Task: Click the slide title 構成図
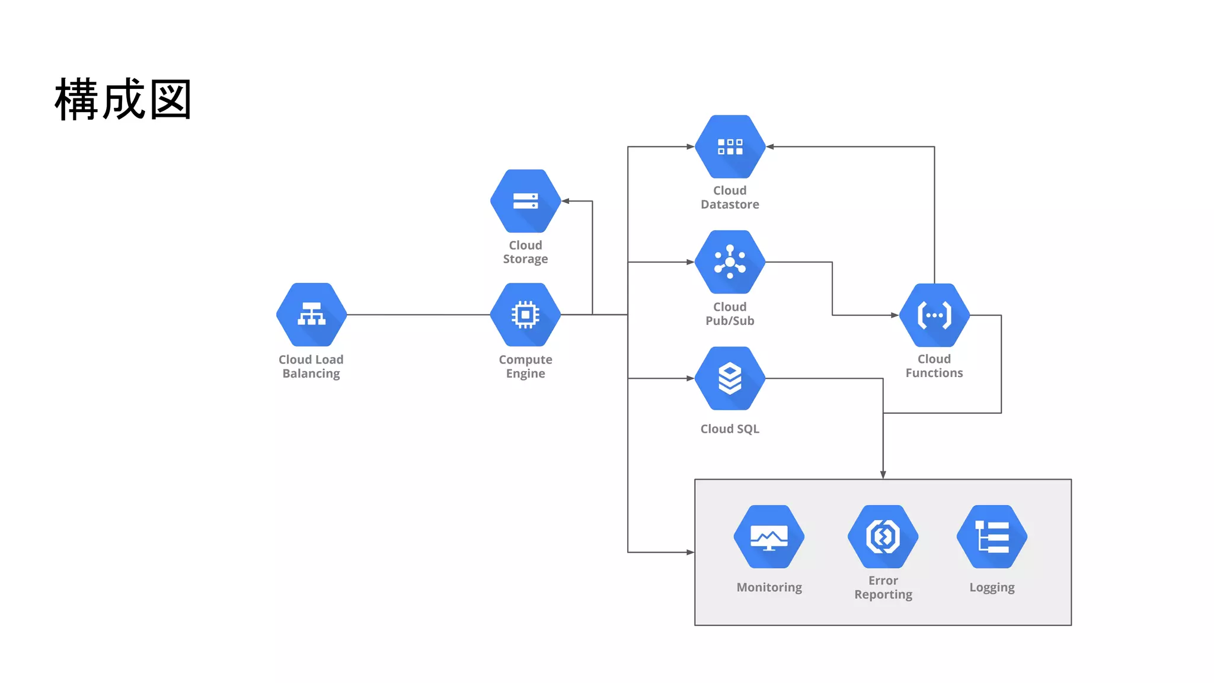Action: pos(123,100)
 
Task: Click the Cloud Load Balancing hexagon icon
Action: pos(311,315)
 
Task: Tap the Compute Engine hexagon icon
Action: pos(525,315)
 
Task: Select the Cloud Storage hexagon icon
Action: pos(525,201)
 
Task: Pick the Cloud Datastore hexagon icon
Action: pos(730,146)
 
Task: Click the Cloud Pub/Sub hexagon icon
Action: pos(730,262)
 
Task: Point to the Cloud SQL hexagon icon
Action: pos(730,378)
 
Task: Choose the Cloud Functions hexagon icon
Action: pos(934,315)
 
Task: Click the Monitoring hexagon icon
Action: pos(769,537)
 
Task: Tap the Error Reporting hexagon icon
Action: pos(883,537)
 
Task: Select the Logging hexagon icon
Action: pos(992,537)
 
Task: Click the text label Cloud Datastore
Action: pos(730,197)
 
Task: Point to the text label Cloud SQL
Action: pos(730,429)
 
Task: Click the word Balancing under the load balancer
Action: pos(311,374)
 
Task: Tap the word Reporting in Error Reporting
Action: pos(883,595)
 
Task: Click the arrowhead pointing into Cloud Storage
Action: pos(566,201)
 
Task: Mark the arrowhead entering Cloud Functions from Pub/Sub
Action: pos(894,315)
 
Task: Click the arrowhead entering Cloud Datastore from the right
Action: pos(770,146)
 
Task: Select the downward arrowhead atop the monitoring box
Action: pos(883,475)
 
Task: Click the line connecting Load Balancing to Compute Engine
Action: pos(418,315)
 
